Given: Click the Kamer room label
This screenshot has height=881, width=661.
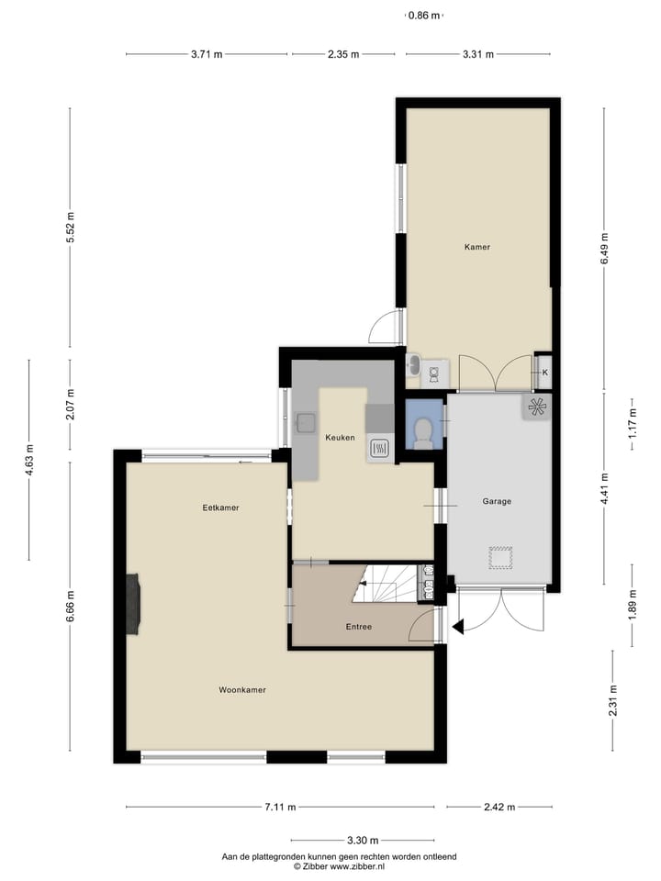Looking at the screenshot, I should click(x=476, y=247).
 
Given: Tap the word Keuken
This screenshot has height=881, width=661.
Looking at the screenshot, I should click(x=340, y=438).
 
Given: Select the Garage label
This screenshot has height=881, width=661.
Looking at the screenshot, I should click(x=497, y=501).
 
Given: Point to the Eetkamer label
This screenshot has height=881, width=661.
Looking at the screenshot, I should click(x=221, y=507).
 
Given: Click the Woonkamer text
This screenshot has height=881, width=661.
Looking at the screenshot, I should click(x=242, y=689).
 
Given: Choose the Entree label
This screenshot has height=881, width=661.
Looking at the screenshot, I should click(x=358, y=627).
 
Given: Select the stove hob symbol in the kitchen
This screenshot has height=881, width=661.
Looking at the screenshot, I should click(x=379, y=448).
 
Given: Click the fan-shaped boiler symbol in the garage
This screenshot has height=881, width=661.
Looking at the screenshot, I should click(x=537, y=406).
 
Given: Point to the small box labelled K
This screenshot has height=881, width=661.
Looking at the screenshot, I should click(x=544, y=372).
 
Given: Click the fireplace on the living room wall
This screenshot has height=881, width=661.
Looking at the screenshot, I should click(x=134, y=603).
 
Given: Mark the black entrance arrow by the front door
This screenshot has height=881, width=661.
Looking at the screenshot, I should click(x=459, y=626).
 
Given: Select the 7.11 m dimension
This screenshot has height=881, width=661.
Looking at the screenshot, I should click(x=280, y=808).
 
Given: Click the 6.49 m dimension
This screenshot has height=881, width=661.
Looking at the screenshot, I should click(x=604, y=249).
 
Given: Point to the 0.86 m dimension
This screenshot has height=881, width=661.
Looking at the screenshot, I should click(x=423, y=16).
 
